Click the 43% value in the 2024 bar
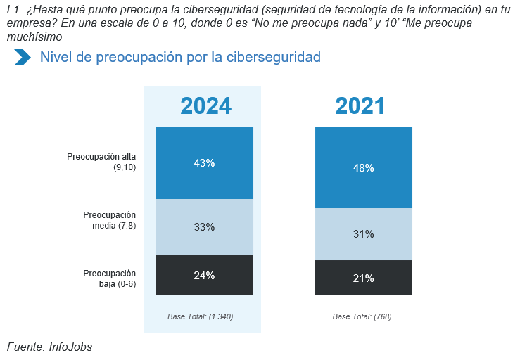[204, 163]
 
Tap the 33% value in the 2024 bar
[204, 227]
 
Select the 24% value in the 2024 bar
[204, 276]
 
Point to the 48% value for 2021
[364, 168]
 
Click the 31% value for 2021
[364, 234]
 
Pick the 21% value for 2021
[364, 278]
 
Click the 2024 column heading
[205, 106]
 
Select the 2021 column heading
[360, 106]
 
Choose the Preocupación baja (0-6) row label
[109, 278]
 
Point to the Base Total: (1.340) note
[201, 317]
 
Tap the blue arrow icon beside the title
[23, 58]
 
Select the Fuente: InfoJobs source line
[49, 347]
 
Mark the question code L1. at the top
[14, 9]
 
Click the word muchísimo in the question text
[33, 37]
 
